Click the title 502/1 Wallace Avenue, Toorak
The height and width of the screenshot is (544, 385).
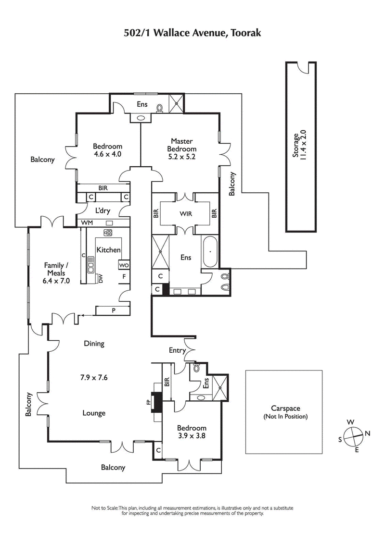coord(192,33)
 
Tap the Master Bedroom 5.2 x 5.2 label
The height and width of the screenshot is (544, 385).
coord(182,149)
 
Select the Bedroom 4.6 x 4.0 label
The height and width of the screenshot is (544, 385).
coord(107,150)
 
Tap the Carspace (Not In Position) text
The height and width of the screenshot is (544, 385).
coord(285,412)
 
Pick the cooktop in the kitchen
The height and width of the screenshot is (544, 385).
coord(108,233)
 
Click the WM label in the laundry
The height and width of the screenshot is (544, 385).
coord(87,223)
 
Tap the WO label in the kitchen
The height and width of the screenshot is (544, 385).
coord(123,265)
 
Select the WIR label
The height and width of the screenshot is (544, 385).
coord(186,214)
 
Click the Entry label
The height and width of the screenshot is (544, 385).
coord(177,350)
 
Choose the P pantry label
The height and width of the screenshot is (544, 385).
coord(114,310)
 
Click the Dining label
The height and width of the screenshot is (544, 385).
coord(94,344)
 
